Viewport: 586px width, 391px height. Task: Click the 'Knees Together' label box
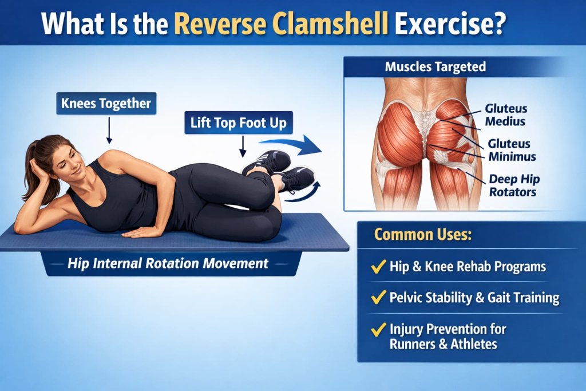pos(107,104)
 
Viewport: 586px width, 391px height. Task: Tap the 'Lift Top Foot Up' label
pos(239,122)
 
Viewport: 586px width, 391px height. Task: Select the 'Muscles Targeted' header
pos(435,66)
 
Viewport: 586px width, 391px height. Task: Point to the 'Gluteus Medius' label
pos(505,114)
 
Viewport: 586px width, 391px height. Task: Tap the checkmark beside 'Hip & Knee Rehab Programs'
pos(378,266)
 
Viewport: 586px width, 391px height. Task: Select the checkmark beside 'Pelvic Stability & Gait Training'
pos(378,298)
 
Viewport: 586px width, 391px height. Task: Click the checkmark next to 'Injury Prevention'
pos(378,330)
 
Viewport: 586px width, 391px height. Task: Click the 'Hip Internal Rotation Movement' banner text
pos(168,264)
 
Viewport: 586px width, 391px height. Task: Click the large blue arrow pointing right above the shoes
pos(292,145)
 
